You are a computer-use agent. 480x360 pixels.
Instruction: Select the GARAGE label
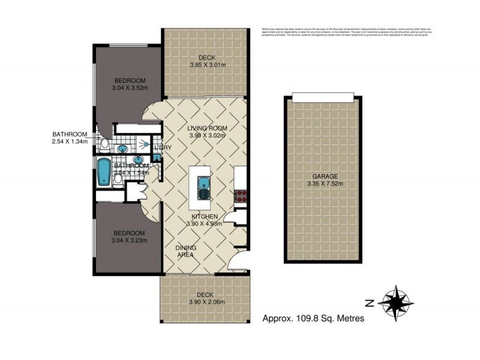324,176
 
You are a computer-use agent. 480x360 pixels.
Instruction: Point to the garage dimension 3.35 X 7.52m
324,184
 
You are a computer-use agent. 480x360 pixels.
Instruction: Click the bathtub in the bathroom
103,172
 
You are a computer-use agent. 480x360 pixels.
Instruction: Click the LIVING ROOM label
206,128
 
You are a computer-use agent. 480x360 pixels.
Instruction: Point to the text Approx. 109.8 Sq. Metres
314,319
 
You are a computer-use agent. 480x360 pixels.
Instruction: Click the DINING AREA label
186,251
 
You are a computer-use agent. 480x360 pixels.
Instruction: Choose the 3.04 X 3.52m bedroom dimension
130,88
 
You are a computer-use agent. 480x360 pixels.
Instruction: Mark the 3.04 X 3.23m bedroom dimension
130,240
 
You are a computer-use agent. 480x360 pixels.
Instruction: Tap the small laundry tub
157,157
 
